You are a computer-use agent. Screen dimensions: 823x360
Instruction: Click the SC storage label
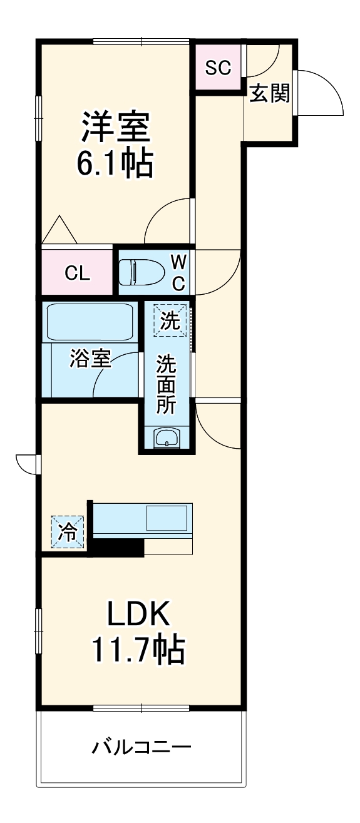point(219,68)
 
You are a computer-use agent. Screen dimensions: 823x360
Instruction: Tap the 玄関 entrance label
point(270,94)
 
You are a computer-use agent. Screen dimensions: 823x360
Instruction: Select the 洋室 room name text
point(115,128)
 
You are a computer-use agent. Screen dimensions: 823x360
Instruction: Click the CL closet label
point(79,273)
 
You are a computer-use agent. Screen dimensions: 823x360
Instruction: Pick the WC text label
point(178,272)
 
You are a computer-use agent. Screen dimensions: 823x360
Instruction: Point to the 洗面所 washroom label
point(166,383)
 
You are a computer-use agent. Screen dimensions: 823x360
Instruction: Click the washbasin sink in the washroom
point(167,437)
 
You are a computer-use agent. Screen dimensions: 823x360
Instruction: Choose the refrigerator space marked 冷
point(67,532)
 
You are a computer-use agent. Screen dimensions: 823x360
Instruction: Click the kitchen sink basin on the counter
point(167,519)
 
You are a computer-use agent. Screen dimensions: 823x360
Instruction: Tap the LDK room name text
point(138,615)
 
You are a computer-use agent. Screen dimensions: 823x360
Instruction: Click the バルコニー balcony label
point(141,747)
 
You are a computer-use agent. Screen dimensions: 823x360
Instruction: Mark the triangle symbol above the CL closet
point(59,230)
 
